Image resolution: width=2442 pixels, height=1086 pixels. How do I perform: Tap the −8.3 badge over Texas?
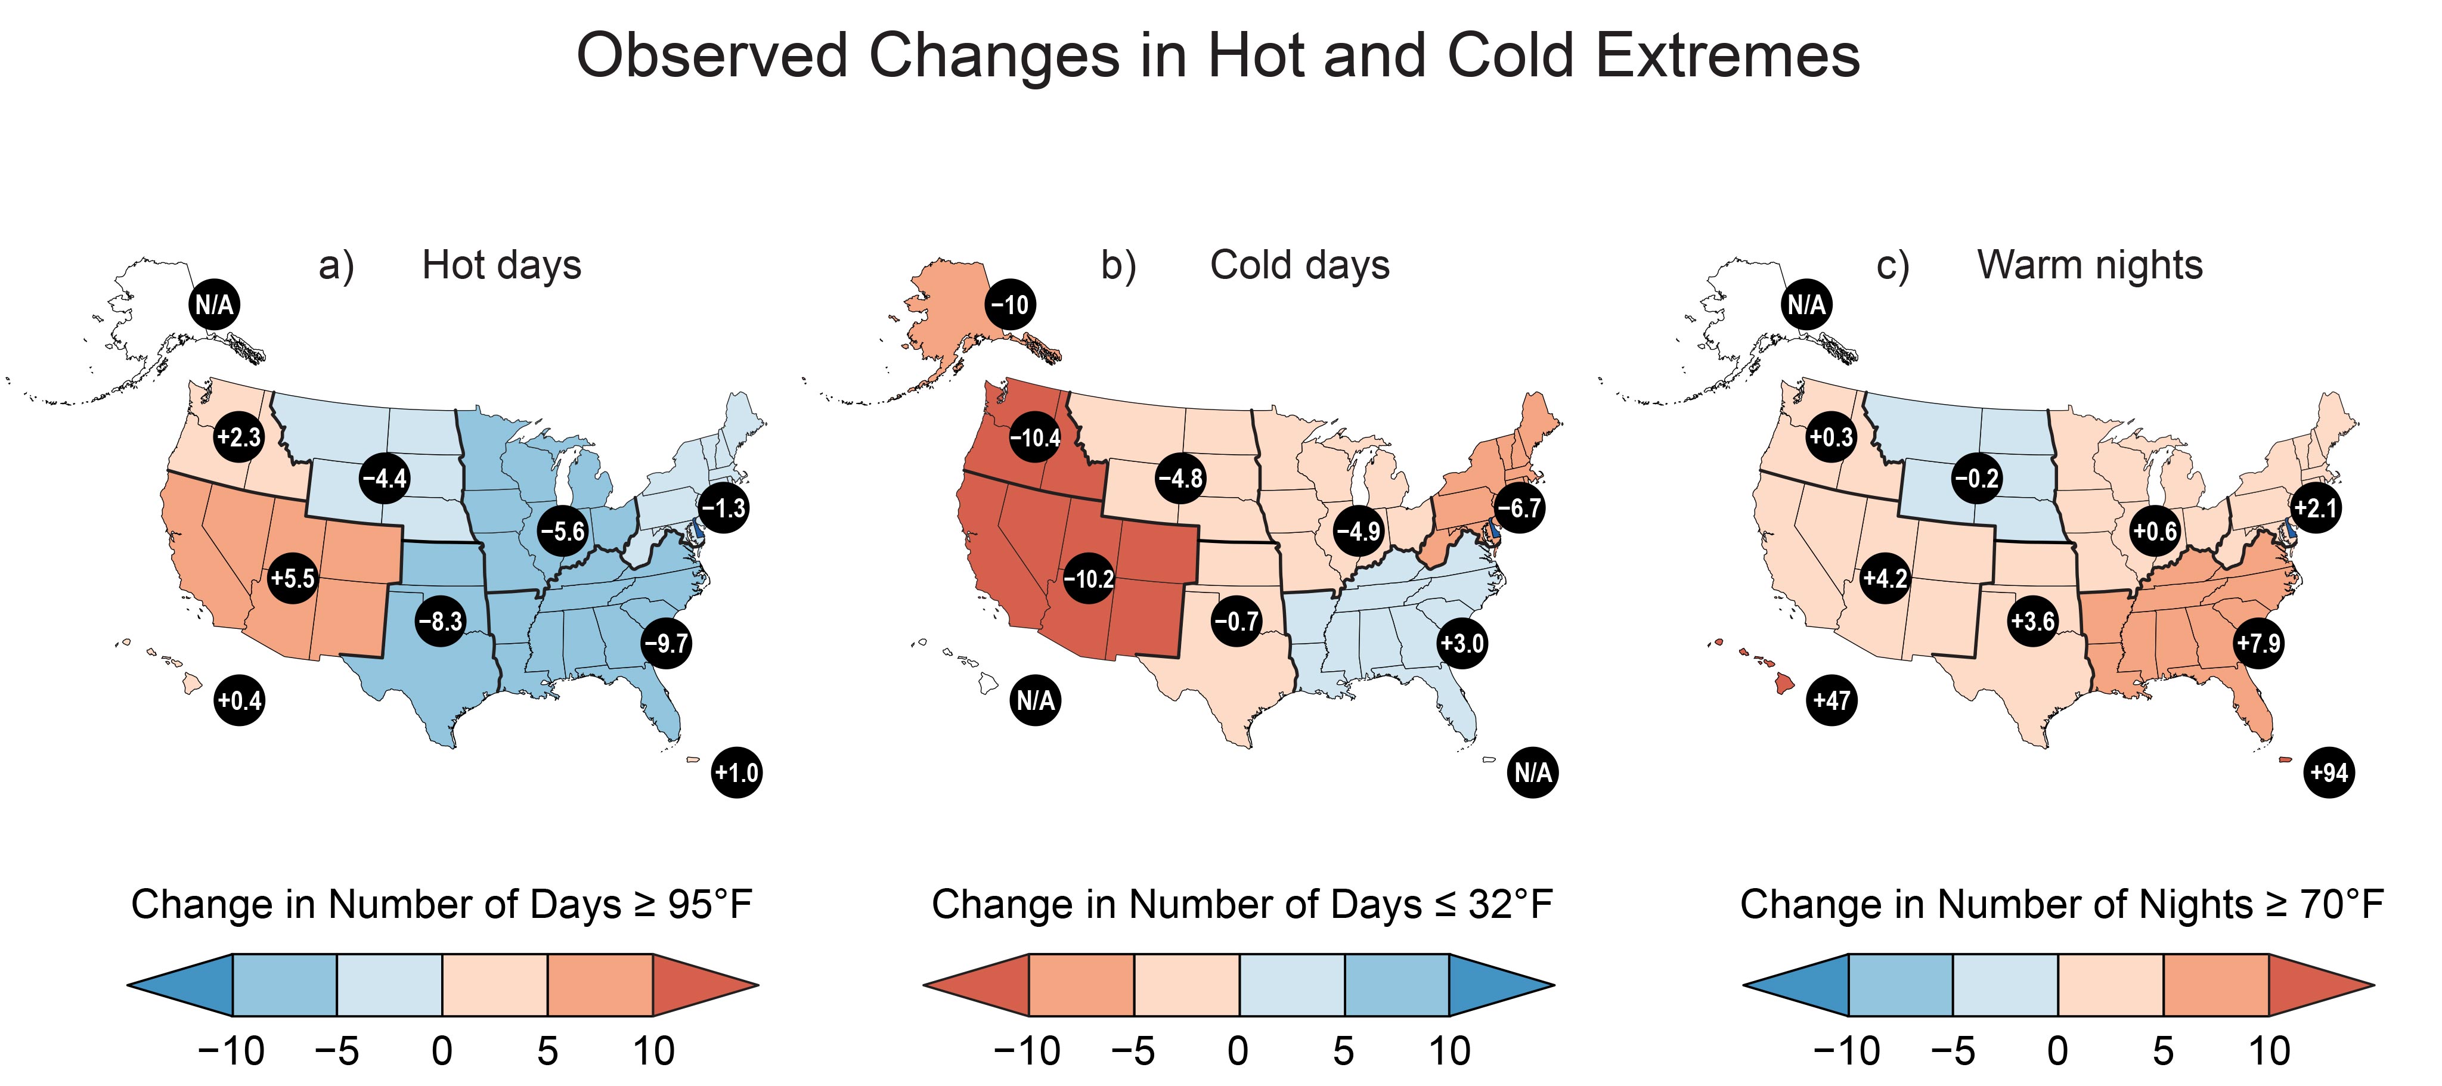(441, 622)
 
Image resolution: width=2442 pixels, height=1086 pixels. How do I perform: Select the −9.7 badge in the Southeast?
(667, 644)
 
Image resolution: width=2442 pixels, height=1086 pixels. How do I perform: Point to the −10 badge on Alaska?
(1011, 305)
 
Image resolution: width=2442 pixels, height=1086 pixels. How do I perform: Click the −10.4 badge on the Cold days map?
(1035, 438)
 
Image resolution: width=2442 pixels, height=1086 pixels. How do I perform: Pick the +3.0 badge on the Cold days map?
(1462, 644)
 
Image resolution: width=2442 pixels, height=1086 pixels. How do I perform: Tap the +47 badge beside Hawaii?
(1831, 700)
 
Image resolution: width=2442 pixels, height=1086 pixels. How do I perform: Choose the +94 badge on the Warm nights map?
(2329, 772)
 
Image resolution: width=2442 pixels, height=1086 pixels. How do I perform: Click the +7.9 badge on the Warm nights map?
(2259, 644)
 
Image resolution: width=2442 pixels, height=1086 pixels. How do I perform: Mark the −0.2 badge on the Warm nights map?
(1976, 477)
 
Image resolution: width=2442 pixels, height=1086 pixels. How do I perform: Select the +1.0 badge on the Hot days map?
(736, 772)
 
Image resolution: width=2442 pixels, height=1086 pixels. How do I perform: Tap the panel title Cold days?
(1300, 265)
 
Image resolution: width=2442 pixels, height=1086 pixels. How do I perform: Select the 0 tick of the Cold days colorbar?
(1238, 1051)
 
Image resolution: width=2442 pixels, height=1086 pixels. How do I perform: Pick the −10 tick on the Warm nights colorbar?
(1846, 1051)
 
